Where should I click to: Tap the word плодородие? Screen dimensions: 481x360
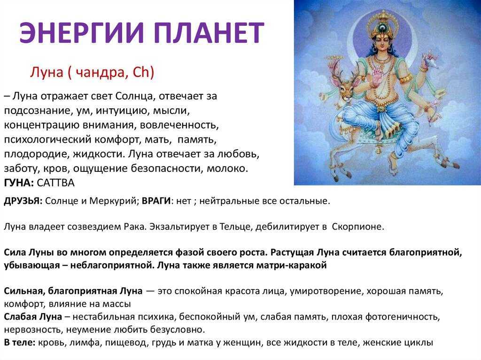point(37,154)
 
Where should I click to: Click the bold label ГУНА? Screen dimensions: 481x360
point(19,183)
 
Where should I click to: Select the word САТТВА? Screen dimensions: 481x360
point(55,183)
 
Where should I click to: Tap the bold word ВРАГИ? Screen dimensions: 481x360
point(156,201)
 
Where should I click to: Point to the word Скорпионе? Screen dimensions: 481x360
point(358,227)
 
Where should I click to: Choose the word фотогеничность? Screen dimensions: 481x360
point(403,316)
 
